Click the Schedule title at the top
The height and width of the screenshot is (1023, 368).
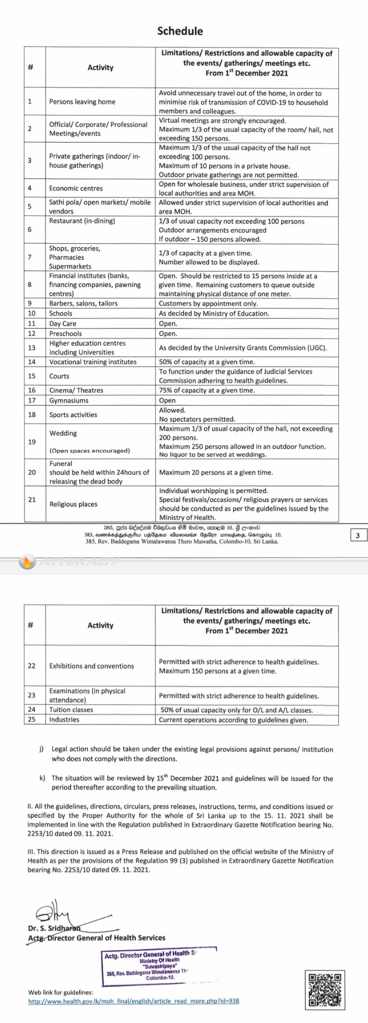(x=180, y=31)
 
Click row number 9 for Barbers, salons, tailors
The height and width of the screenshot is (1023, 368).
(x=30, y=303)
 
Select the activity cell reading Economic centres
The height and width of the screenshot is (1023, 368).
(x=76, y=189)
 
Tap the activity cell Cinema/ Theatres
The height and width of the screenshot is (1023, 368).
(x=76, y=391)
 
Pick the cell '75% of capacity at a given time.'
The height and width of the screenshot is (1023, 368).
(x=207, y=391)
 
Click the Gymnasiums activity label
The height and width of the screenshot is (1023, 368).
(x=69, y=400)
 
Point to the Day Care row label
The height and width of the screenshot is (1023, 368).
(x=63, y=324)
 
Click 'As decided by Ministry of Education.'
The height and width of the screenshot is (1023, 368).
(x=214, y=313)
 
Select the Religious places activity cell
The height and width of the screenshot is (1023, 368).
(x=73, y=504)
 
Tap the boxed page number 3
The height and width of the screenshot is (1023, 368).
(x=358, y=536)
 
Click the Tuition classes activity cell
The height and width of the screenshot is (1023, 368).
(x=71, y=710)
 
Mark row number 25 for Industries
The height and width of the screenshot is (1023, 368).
(x=31, y=720)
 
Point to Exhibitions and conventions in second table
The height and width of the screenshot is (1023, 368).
(x=91, y=666)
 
